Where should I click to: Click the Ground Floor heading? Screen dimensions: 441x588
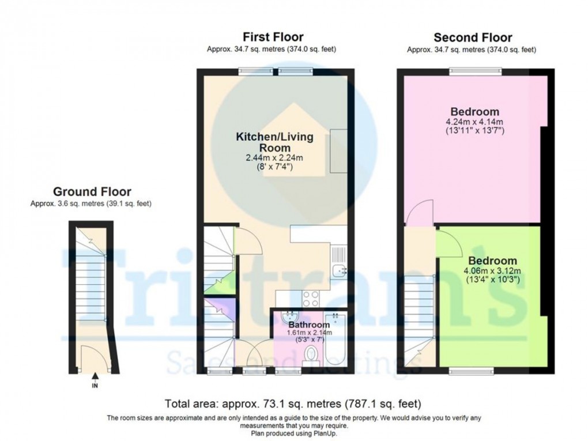pyautogui.click(x=92, y=192)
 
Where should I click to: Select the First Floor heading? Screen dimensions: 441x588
pyautogui.click(x=273, y=37)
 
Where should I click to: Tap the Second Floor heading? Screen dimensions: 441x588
pyautogui.click(x=472, y=38)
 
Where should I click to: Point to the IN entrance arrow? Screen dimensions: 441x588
pyautogui.click(x=95, y=378)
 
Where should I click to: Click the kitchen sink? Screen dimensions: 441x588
pyautogui.click(x=340, y=270)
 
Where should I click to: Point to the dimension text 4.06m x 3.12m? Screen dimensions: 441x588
pyautogui.click(x=492, y=272)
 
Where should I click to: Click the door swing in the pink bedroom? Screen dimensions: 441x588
pyautogui.click(x=417, y=213)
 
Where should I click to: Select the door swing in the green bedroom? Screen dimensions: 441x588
pyautogui.click(x=448, y=242)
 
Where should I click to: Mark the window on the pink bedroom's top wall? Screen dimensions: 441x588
pyautogui.click(x=476, y=71)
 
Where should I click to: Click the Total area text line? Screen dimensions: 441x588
pyautogui.click(x=293, y=403)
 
